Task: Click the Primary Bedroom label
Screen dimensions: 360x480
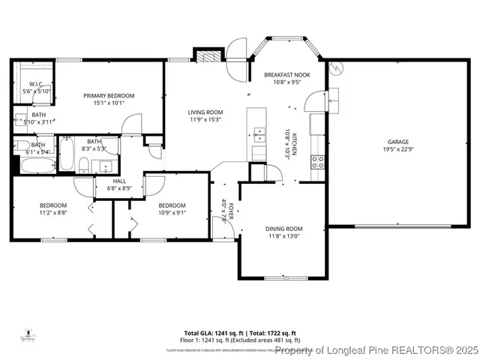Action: [109, 96]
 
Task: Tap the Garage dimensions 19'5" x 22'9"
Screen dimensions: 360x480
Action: [397, 149]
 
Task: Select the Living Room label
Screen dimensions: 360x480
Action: [205, 112]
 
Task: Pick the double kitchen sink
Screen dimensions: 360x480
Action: [259, 135]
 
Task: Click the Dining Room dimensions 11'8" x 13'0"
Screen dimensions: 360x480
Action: [283, 236]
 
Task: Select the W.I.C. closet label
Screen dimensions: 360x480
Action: [36, 84]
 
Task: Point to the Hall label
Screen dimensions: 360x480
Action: [119, 181]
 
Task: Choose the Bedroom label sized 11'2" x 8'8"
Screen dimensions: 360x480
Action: [53, 205]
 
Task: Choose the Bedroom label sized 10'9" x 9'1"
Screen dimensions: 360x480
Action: [172, 205]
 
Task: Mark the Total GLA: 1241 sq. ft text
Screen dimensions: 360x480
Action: [211, 333]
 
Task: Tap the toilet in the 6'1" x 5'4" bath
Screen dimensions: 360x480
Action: [22, 145]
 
